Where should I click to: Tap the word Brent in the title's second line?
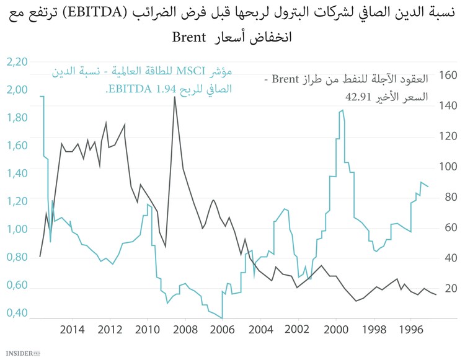188,37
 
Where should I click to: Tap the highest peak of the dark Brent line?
175,97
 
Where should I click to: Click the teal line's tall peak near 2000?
342,110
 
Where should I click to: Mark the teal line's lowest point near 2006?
222,318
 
